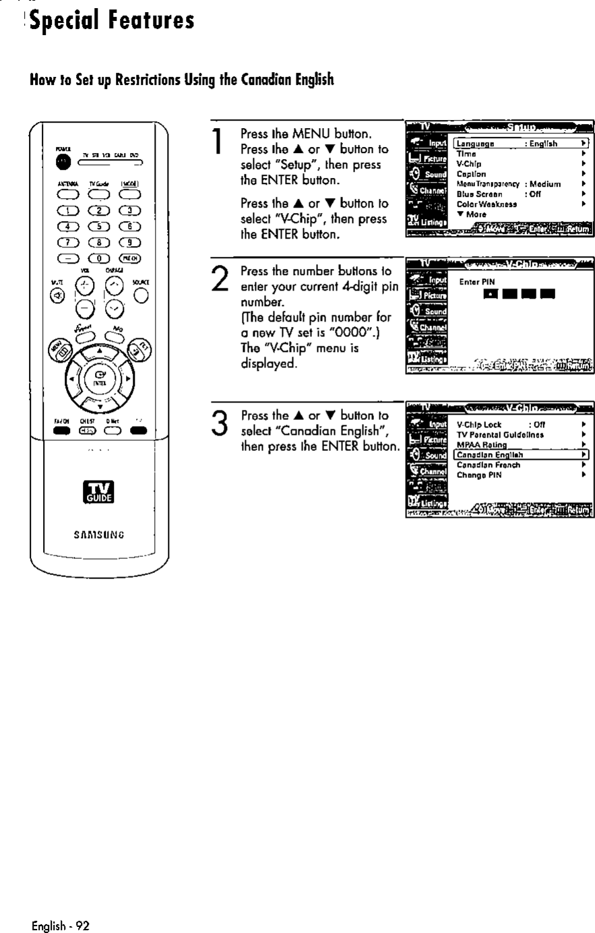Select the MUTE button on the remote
pos(57,294)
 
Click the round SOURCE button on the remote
pos(141,295)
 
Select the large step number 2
pos(217,277)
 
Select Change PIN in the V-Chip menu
pos(479,475)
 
